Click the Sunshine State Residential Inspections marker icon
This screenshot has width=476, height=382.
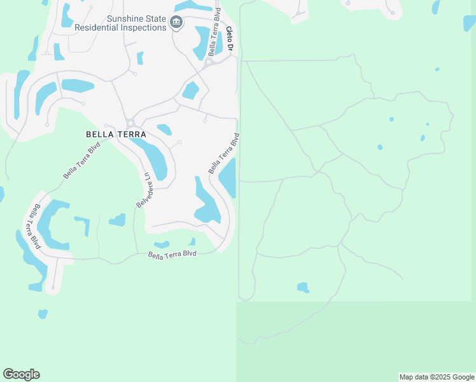click(x=177, y=24)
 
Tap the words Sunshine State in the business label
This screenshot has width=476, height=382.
click(x=136, y=19)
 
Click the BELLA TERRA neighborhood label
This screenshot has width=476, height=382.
click(x=116, y=135)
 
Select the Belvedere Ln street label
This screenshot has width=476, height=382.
click(x=144, y=189)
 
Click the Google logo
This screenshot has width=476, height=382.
click(x=21, y=374)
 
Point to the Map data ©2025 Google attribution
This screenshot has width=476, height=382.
click(x=437, y=377)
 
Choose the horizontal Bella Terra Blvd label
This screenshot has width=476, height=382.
click(x=172, y=253)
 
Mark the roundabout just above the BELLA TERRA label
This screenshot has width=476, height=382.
click(x=130, y=123)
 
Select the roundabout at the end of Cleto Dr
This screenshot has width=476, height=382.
click(x=208, y=62)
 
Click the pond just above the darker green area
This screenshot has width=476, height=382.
click(x=303, y=287)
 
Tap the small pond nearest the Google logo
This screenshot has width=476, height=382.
click(x=43, y=314)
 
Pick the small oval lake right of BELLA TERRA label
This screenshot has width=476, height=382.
click(x=164, y=130)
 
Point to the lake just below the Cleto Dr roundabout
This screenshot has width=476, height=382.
click(x=190, y=90)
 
